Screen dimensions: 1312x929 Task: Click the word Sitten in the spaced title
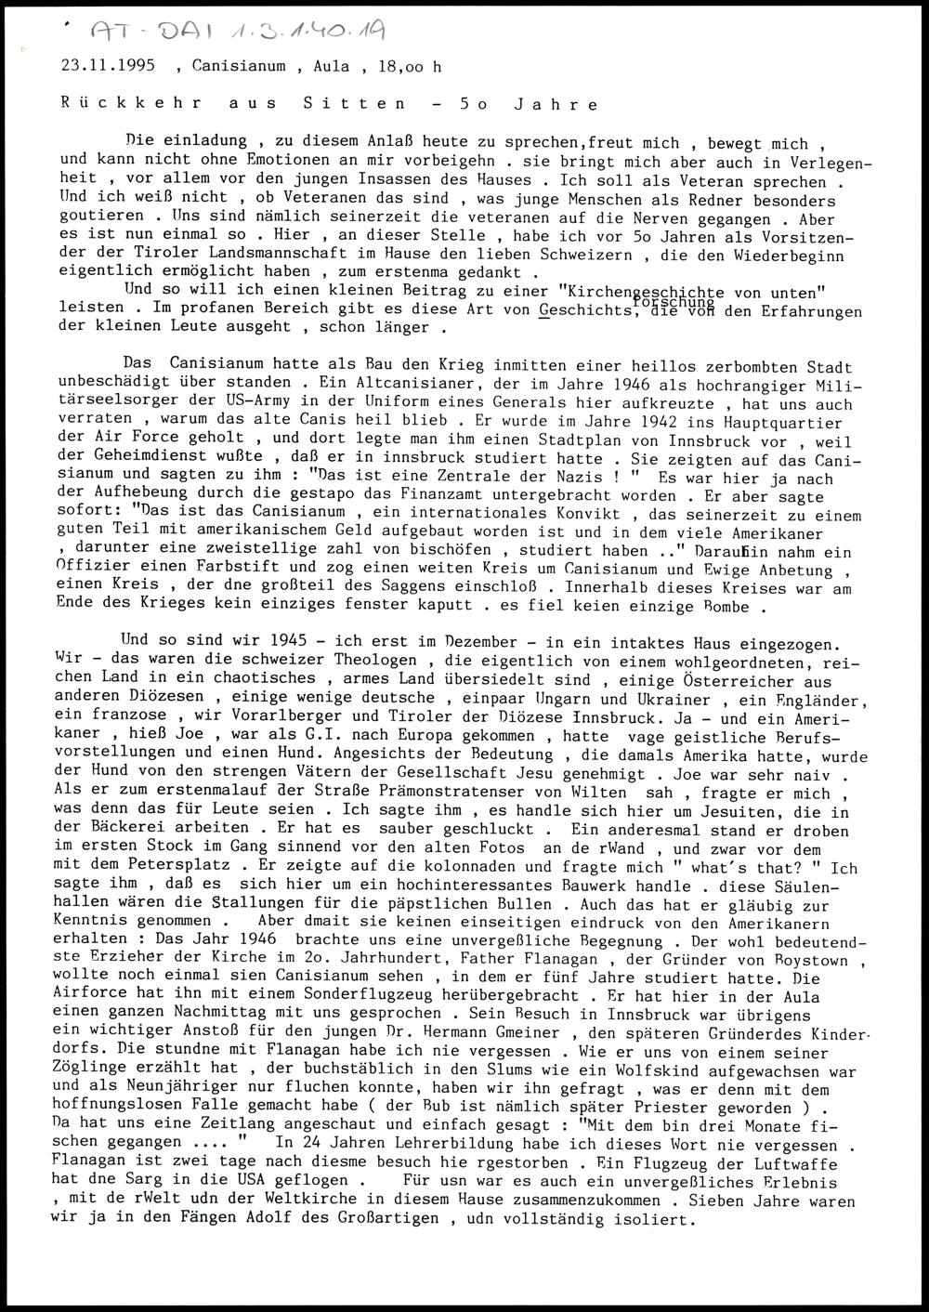pyautogui.click(x=354, y=104)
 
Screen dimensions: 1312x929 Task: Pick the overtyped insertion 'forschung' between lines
pyautogui.click(x=673, y=301)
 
